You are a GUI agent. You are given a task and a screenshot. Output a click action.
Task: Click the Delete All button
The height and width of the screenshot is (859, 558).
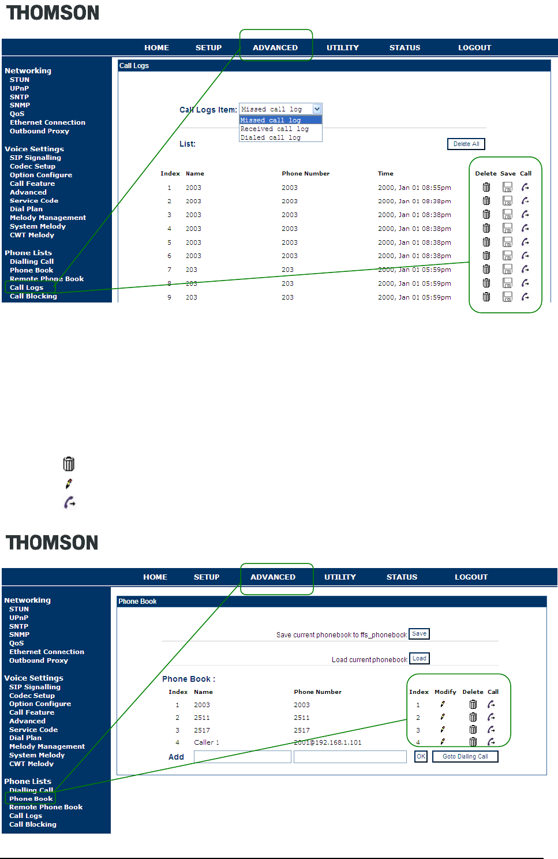[466, 144]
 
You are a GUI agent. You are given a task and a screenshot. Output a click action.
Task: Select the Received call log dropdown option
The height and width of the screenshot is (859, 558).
[275, 129]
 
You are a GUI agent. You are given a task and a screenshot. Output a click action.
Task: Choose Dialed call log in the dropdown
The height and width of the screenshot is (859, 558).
[271, 137]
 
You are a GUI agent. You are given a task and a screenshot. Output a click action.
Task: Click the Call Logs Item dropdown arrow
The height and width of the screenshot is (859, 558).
[317, 109]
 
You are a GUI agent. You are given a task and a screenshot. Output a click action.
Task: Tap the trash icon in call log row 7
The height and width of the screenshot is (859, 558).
[486, 270]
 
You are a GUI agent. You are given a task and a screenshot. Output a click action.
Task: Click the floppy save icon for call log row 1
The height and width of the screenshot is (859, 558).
[507, 187]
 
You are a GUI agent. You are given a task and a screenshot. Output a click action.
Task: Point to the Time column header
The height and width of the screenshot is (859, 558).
[385, 173]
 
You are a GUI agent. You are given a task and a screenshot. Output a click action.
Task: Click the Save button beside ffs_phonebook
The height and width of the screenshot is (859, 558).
[419, 634]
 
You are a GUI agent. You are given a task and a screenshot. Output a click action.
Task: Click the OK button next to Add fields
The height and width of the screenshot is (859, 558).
[421, 756]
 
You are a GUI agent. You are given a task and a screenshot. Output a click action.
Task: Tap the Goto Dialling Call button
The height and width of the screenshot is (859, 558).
[465, 756]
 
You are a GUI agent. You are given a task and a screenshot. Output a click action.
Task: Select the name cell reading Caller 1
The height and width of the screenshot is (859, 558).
[207, 742]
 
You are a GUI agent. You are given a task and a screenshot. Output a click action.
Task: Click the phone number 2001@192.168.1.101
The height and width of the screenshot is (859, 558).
[328, 742]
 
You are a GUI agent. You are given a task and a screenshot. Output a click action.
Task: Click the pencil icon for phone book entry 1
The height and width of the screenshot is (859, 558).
[443, 704]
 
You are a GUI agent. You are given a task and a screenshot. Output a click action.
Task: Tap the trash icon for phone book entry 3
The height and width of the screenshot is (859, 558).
[473, 730]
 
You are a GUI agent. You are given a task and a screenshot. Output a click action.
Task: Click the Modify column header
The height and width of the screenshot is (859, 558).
[445, 692]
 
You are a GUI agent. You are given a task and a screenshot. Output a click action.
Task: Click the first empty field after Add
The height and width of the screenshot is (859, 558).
[242, 757]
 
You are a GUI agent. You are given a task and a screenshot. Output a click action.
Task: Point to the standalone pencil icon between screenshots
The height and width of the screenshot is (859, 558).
[69, 484]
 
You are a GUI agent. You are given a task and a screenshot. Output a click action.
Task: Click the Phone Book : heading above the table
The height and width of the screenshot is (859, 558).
[189, 679]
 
